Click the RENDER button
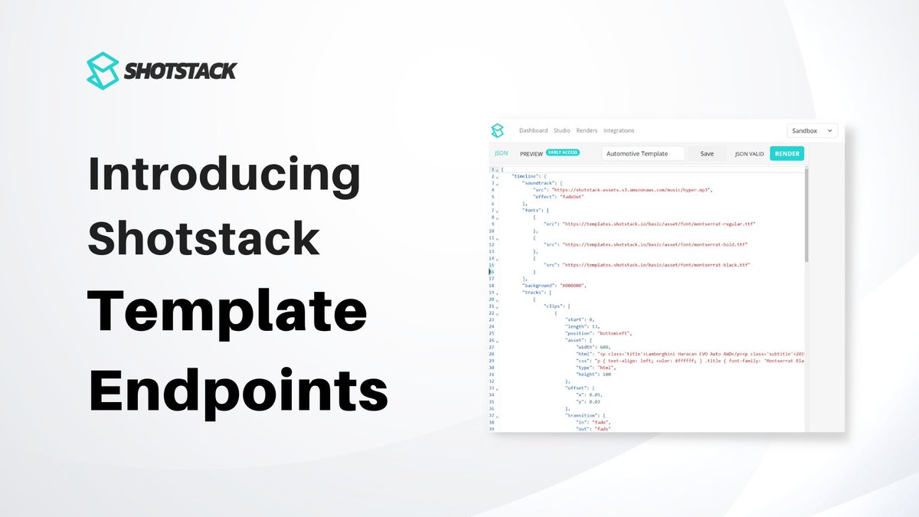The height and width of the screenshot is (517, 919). point(787,153)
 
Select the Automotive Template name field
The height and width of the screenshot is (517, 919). point(644,153)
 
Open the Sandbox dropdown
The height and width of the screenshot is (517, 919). point(812,131)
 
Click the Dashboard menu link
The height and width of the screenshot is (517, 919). point(533,131)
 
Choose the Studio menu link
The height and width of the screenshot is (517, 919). point(561,131)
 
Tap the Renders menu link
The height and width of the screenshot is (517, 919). point(587,131)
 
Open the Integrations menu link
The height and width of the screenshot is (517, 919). point(619,131)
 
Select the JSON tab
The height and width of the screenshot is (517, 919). point(502,153)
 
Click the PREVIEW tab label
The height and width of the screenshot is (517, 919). point(531,153)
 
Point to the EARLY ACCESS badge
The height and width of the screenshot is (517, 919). point(563,152)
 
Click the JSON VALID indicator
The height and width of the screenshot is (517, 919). point(749,153)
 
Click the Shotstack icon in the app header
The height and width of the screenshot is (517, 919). point(498,130)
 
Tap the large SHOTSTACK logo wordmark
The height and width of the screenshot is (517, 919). point(181,71)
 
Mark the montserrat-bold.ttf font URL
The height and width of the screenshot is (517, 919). point(654,244)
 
